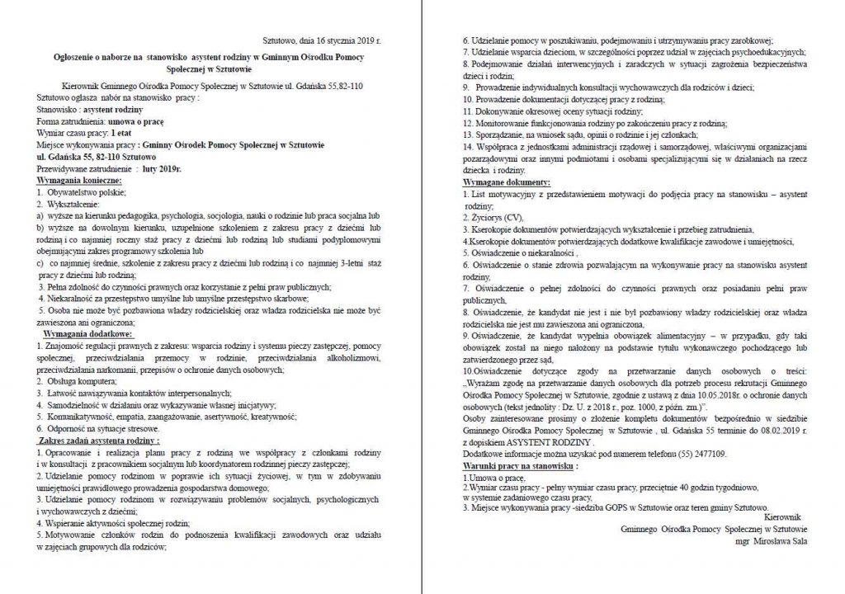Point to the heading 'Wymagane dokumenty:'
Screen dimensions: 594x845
coord(506,181)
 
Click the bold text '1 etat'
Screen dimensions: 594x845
coord(120,131)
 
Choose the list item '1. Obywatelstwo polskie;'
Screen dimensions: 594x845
coord(81,191)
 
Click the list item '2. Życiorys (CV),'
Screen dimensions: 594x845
coord(493,217)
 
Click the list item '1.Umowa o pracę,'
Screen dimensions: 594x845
coord(493,478)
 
